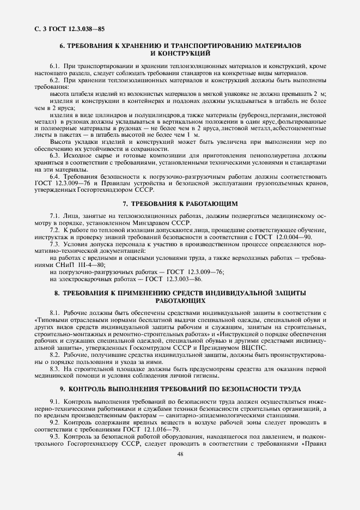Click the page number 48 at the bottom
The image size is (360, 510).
[180, 456]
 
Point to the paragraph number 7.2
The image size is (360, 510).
[56, 230]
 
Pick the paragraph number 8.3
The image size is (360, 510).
[56, 369]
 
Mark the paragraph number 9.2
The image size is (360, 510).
[56, 422]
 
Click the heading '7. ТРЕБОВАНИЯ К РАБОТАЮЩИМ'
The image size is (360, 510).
[180, 204]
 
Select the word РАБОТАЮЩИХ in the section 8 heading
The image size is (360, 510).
[180, 300]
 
